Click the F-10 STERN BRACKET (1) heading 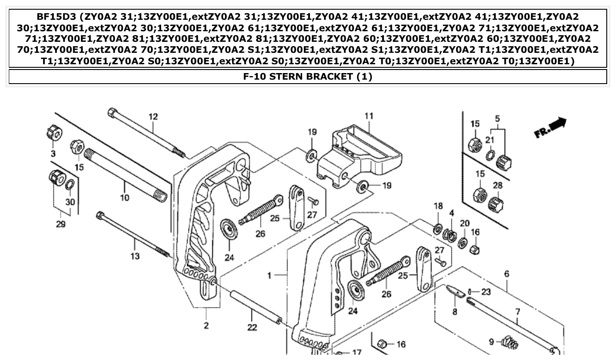point(308,77)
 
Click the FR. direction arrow point(551,127)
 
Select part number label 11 point(369,116)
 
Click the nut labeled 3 point(54,132)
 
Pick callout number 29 point(60,224)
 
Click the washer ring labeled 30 point(70,184)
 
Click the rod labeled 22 point(255,307)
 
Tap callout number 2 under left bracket point(206,326)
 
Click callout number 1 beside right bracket point(269,276)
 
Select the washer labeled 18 point(438,229)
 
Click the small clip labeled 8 point(455,292)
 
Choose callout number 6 point(506,274)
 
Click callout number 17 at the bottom point(356,352)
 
